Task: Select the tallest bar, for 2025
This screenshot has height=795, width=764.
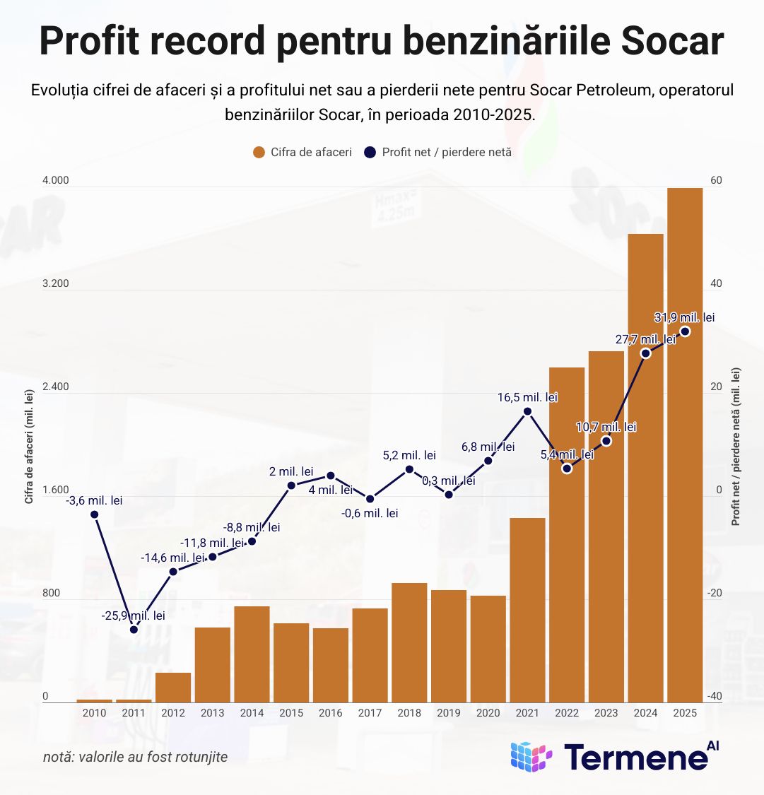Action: [x=685, y=445]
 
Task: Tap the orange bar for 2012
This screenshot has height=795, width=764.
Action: [x=173, y=688]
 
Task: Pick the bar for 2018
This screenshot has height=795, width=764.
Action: [x=409, y=642]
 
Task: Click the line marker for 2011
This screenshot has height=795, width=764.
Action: [x=134, y=629]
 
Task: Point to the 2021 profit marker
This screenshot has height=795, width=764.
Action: [x=527, y=411]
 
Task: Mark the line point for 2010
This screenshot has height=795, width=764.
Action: [x=95, y=514]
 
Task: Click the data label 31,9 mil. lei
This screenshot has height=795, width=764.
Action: [x=685, y=317]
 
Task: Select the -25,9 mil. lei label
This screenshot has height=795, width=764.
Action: [x=134, y=616]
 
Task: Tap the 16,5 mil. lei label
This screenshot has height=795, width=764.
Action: [x=527, y=397]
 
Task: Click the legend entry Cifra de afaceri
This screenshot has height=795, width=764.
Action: [x=302, y=152]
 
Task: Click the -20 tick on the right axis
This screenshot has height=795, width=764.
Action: [x=716, y=594]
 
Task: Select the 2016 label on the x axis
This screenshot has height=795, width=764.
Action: [x=331, y=713]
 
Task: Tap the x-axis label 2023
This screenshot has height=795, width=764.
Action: [x=606, y=713]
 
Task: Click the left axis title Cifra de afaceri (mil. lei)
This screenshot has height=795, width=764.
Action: [x=30, y=446]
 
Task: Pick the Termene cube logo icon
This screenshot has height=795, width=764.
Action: [x=531, y=757]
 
